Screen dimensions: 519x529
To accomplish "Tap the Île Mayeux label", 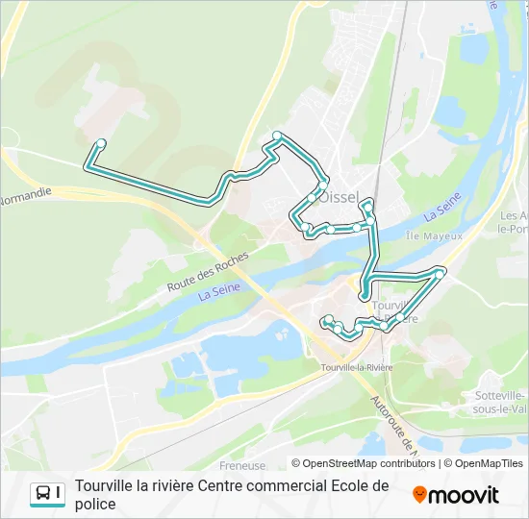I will pyautogui.click(x=435, y=235).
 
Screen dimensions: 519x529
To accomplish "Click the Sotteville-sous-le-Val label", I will pyautogui.click(x=500, y=402).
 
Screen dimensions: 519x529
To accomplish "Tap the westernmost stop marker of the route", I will pyautogui.click(x=100, y=144).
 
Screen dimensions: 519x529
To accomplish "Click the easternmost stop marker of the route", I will pyautogui.click(x=440, y=274).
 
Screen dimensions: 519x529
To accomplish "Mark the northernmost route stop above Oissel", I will pyautogui.click(x=277, y=135).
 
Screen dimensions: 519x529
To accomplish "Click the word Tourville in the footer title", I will pyautogui.click(x=105, y=486).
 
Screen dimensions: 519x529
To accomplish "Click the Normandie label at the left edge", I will pyautogui.click(x=25, y=199).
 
